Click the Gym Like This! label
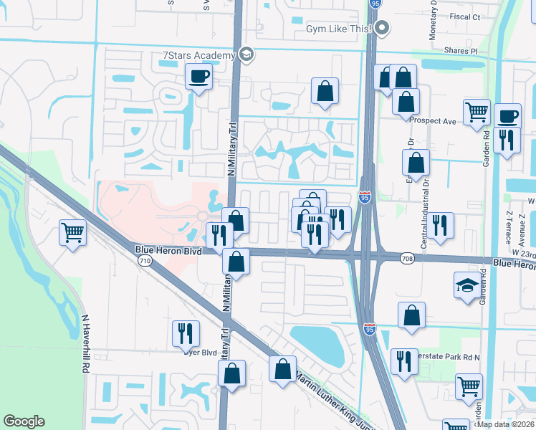338,29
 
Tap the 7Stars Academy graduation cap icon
247,54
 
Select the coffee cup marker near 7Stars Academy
198,76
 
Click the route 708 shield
407,258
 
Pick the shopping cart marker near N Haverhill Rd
73,233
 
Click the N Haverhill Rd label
85,343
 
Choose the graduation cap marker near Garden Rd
467,285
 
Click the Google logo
24,421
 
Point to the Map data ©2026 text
504,424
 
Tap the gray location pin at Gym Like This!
382,29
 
